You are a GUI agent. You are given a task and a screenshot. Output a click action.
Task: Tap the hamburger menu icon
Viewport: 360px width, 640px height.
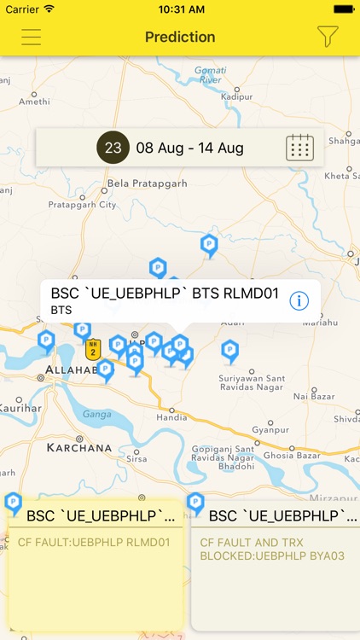click(x=32, y=37)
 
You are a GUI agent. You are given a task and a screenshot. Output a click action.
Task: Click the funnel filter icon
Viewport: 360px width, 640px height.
click(x=328, y=37)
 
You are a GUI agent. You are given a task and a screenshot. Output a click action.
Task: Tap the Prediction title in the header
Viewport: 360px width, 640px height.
click(x=180, y=37)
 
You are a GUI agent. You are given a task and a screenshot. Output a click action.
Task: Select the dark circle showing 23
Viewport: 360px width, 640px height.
click(x=113, y=148)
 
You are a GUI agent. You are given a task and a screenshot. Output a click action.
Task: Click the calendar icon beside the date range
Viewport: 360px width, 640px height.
click(x=299, y=148)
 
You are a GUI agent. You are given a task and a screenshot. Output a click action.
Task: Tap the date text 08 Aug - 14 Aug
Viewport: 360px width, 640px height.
click(x=189, y=148)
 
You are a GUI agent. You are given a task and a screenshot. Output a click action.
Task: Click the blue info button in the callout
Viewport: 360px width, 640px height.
click(x=299, y=300)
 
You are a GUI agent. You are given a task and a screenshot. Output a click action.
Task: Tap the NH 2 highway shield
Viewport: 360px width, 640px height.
click(x=93, y=348)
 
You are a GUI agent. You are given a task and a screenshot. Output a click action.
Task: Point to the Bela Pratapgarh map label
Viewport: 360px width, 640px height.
click(x=146, y=183)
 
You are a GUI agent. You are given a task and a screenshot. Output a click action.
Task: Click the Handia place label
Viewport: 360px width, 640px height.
click(x=171, y=417)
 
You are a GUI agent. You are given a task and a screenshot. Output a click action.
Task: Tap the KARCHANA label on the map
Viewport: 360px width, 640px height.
click(x=79, y=447)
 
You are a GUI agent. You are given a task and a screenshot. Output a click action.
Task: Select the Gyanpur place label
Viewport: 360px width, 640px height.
click(x=269, y=430)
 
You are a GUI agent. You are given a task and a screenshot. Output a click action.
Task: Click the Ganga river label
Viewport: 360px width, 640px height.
click(x=96, y=413)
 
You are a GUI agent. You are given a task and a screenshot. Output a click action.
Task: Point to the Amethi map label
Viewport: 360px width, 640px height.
click(x=35, y=101)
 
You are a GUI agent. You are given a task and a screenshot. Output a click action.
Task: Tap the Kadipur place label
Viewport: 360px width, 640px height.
click(x=236, y=97)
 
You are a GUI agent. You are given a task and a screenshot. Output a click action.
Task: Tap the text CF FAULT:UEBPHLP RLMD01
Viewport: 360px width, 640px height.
click(x=94, y=542)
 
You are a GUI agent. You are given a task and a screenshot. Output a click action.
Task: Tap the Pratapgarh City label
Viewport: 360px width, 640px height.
click(x=82, y=205)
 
